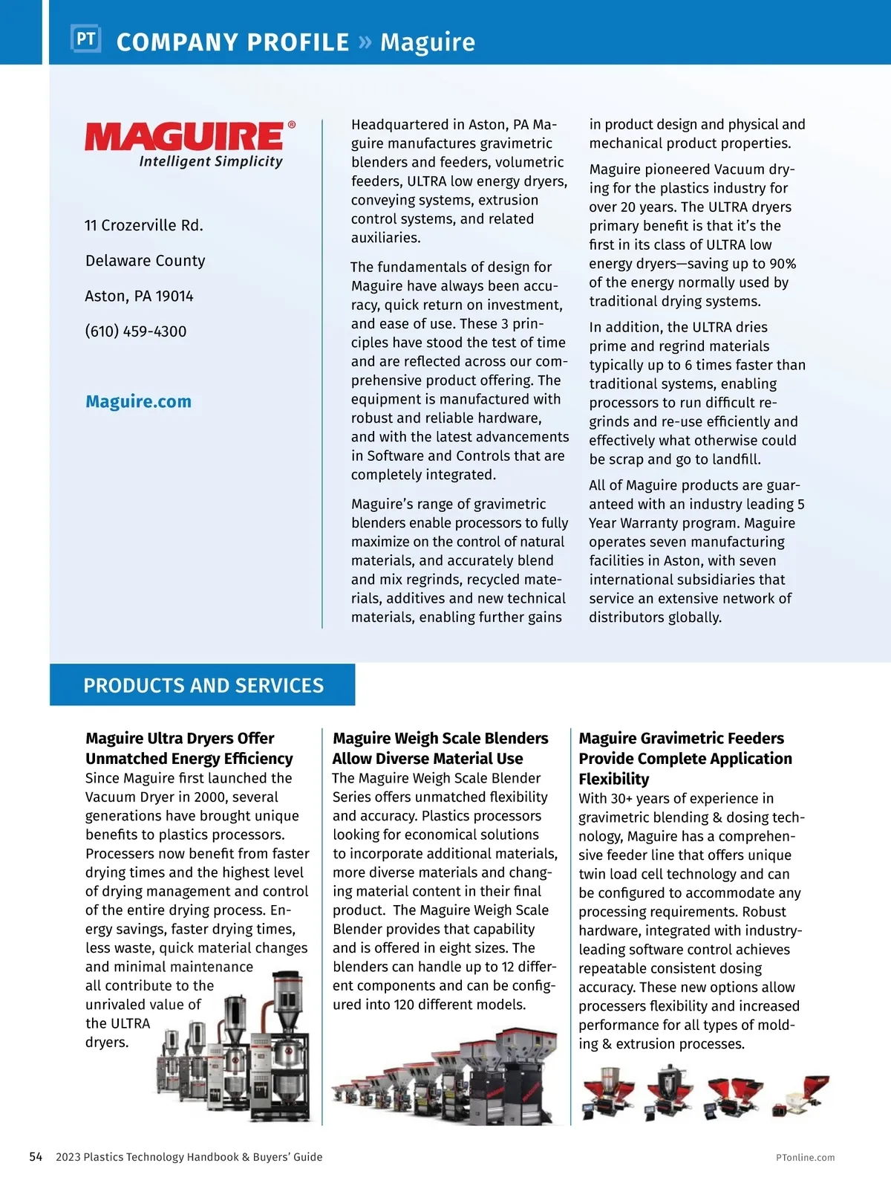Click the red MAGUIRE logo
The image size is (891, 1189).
click(x=184, y=137)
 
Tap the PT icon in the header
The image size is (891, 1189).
click(x=85, y=39)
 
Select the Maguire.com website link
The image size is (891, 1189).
click(x=138, y=401)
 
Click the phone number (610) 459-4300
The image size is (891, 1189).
click(x=135, y=331)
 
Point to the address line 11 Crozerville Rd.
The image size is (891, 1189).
click(x=143, y=225)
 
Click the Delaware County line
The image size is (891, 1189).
click(x=145, y=261)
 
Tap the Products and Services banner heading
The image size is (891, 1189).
click(x=203, y=685)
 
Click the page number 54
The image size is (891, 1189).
click(x=36, y=1156)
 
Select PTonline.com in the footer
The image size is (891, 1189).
click(x=805, y=1157)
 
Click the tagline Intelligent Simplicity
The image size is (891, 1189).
click(x=211, y=161)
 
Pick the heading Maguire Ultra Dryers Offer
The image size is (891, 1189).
click(x=180, y=738)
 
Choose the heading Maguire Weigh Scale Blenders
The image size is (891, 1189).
click(x=440, y=738)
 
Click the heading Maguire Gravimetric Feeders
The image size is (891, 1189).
click(x=681, y=738)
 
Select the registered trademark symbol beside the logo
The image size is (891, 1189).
click(x=292, y=125)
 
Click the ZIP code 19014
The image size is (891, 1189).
click(x=174, y=297)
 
